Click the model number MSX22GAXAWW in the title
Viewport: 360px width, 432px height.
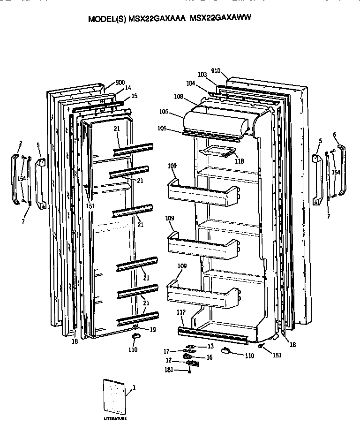coord(221,19)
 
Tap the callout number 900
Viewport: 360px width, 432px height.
coord(120,83)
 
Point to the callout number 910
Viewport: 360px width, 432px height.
coord(216,71)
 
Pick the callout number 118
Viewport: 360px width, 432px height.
coord(240,161)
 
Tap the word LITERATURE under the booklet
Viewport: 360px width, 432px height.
coord(115,418)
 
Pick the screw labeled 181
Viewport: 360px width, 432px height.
coord(189,371)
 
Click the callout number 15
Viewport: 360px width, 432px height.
coord(134,96)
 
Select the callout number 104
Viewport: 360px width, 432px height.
coord(203,83)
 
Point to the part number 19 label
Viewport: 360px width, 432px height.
coord(153,330)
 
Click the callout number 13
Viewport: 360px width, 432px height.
coord(210,346)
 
